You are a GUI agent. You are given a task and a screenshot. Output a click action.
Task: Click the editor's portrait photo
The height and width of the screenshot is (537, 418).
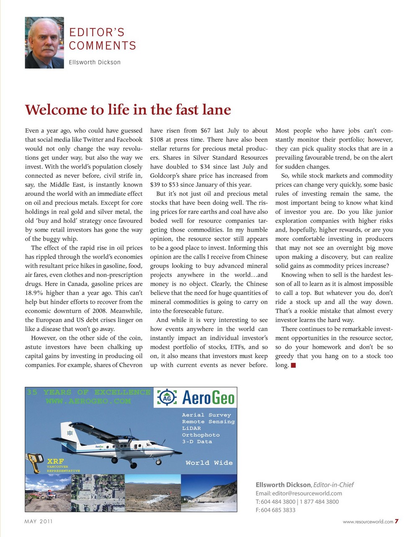point(44,43)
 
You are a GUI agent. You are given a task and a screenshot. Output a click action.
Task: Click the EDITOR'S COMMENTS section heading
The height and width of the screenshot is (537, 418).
point(103,39)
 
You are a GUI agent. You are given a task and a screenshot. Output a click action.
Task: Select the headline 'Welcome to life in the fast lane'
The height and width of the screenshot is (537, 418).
point(128,110)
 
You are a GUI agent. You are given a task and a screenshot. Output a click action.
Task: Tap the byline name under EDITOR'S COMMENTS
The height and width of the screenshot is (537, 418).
point(95,63)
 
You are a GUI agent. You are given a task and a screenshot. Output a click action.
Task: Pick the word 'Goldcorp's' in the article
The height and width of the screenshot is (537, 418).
point(166,176)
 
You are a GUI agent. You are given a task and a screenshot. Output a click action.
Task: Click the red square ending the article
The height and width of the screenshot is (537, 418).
point(293,365)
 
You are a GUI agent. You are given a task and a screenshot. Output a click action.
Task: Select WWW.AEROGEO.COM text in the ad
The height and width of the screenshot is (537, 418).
point(88,401)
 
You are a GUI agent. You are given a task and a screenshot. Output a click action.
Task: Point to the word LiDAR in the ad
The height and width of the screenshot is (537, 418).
point(191,428)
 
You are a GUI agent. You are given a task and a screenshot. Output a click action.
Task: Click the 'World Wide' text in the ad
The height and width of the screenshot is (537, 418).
point(209,463)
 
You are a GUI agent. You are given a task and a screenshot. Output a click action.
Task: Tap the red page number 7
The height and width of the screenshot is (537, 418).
point(396,521)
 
